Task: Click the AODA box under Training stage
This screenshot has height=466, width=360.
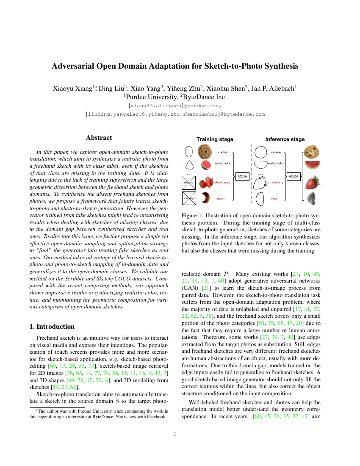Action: pos(242,176)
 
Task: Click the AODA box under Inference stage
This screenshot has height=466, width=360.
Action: pos(294,176)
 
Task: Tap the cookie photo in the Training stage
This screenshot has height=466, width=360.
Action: pos(205,152)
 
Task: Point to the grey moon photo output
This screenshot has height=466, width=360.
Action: pos(312,198)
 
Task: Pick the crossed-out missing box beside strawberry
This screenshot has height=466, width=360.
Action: pos(188,182)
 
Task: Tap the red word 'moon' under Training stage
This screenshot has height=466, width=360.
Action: pos(221,198)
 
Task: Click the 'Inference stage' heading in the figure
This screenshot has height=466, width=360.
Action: pos(285,139)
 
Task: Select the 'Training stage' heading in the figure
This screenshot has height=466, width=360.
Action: pos(215,139)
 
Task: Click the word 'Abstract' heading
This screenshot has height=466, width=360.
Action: pos(99,138)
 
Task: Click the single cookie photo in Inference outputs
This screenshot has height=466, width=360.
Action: pos(311,152)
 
